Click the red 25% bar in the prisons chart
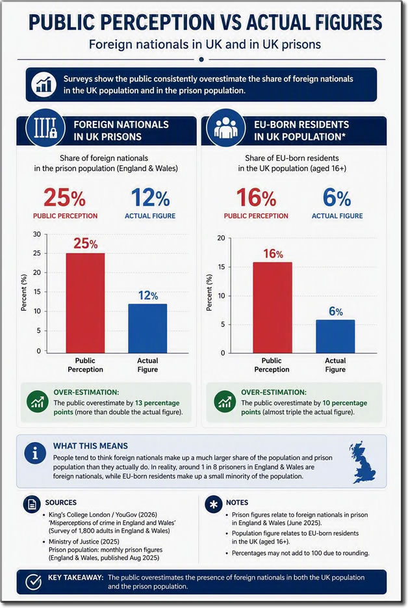(85, 303)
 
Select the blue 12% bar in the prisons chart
(147, 328)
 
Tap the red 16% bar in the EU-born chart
(272, 308)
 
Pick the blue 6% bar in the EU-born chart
(335, 336)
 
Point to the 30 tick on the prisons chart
(37, 234)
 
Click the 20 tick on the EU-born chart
(221, 238)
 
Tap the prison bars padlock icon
(45, 127)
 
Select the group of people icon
(226, 127)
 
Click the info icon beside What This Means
(35, 453)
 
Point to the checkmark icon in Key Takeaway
(33, 581)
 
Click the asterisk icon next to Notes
(213, 505)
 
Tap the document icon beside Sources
(32, 504)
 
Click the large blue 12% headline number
(150, 198)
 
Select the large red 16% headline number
(256, 198)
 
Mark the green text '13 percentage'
(157, 403)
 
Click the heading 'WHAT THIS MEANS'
(90, 446)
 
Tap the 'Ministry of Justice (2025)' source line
(84, 541)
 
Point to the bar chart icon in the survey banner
(44, 85)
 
